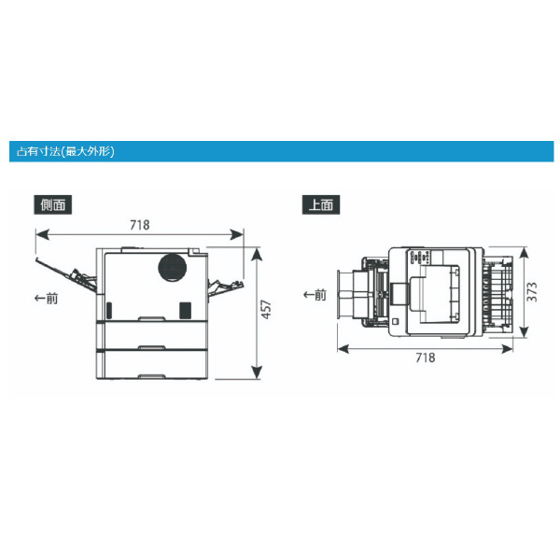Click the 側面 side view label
53,204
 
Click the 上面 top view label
321,204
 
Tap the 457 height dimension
266,309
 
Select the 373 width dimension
532,292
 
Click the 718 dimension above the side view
140,225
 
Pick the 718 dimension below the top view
426,357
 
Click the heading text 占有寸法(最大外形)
65,151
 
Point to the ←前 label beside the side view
46,298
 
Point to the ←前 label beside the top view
315,295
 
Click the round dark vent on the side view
173,268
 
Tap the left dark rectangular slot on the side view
109,310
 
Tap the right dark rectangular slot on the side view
185,310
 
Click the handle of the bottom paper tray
152,376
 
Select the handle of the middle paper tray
152,347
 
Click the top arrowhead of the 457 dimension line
257,254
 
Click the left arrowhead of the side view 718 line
42,234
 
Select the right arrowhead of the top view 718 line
507,348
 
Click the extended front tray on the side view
66,274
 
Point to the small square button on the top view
395,321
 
